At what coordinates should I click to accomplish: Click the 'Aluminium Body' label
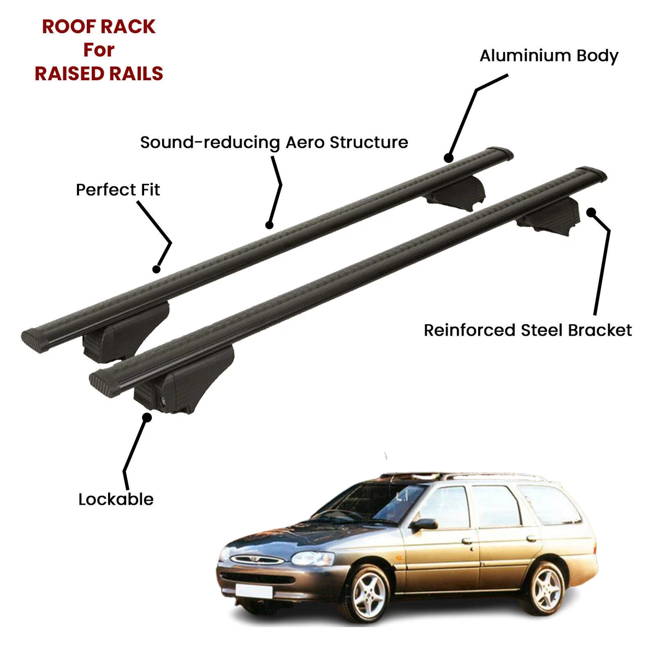(x=549, y=56)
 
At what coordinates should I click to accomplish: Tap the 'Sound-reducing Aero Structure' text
(x=274, y=142)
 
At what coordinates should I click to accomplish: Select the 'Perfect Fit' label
(x=118, y=190)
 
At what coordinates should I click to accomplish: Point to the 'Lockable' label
(x=116, y=499)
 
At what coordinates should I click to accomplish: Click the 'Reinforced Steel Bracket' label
(x=528, y=330)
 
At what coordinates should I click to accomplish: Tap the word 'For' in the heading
(x=99, y=50)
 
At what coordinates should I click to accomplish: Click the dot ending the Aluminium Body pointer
(x=449, y=158)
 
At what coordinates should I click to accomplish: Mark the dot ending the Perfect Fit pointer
(x=157, y=269)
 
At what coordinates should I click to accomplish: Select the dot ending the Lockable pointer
(x=146, y=418)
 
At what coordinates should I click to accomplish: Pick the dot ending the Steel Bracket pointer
(x=591, y=212)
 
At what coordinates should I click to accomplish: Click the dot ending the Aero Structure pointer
(x=269, y=224)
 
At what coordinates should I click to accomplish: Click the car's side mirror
(x=425, y=525)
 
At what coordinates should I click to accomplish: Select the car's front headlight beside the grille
(x=313, y=558)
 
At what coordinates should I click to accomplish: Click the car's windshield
(x=371, y=502)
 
